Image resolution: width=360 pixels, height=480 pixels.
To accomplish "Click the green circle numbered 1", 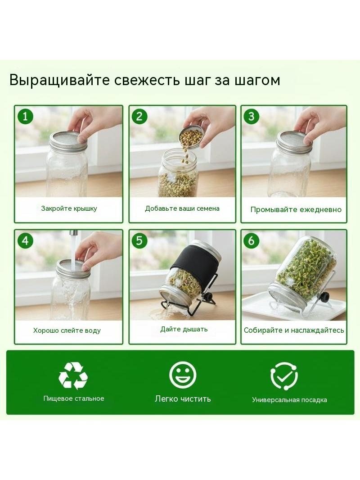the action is pos(25,116).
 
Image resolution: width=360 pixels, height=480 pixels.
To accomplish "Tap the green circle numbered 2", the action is pos(139,116).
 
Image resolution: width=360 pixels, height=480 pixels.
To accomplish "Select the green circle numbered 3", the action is pos(252,116).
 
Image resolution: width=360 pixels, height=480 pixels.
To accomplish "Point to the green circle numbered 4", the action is pos(25,240).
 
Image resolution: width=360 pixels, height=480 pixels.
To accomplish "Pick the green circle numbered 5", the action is pos(139,240).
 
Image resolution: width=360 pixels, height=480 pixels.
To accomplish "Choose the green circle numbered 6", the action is pos(252,240).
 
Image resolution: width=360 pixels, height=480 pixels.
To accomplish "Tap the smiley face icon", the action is pos(183,375).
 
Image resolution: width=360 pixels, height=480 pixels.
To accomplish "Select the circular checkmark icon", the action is pos(284,376).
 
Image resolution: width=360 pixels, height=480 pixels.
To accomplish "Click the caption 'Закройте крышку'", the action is pos(69,208).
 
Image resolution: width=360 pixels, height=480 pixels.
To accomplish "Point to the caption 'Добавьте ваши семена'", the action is pos(182,208).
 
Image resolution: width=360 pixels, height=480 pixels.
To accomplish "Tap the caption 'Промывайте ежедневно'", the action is pos(296,210).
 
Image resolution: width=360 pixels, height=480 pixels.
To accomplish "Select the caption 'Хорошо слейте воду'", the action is pos(67,331).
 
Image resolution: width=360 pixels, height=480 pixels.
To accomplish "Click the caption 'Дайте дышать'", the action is pos(184,330).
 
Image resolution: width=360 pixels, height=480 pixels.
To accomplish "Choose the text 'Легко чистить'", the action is pos(183,398).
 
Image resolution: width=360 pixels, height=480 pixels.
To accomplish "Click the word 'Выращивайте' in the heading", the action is pos(60,81).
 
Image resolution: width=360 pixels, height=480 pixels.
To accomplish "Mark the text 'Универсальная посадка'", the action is pos(289,400).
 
